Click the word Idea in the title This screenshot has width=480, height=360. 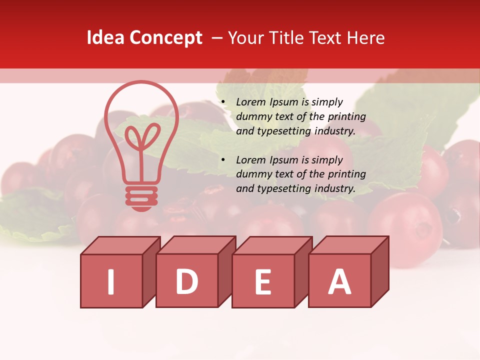coord(105,38)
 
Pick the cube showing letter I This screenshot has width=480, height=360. coord(111,281)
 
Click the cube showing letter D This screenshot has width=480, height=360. coord(187,280)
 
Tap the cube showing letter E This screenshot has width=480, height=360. coord(263,281)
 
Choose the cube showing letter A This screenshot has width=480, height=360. coord(339,280)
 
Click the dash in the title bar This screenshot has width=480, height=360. coord(217,38)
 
